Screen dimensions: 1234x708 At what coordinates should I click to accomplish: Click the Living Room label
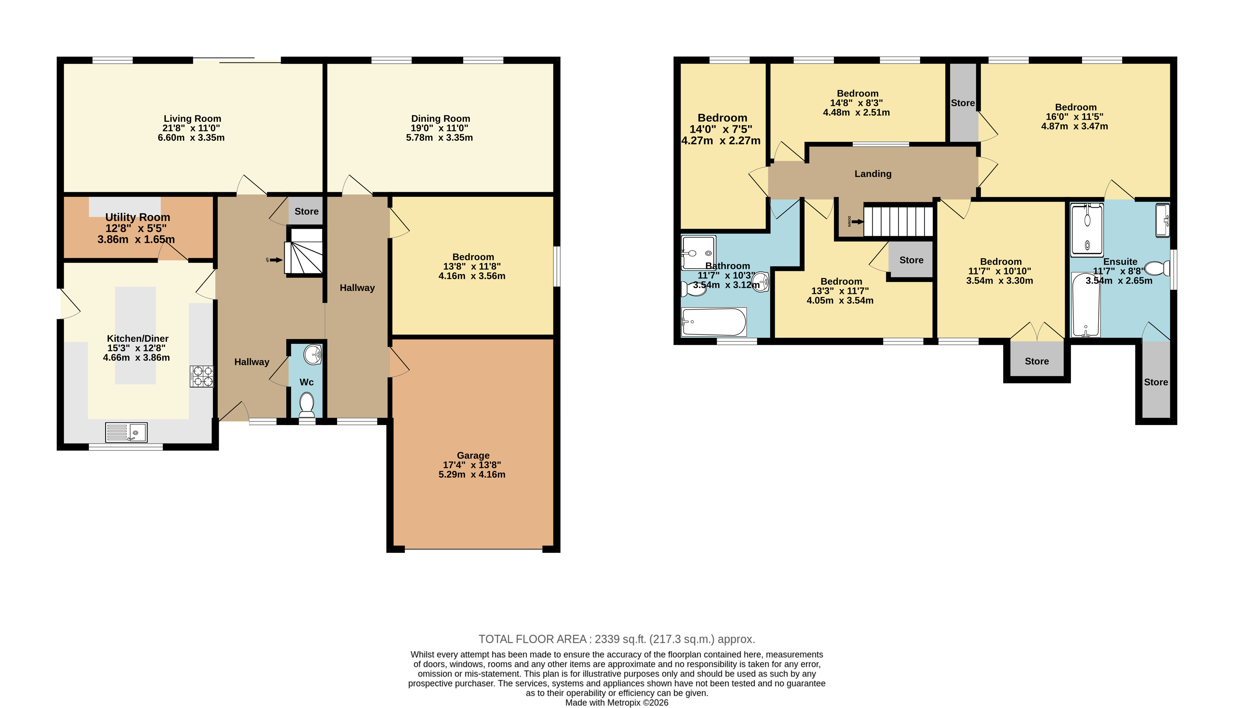click(x=192, y=119)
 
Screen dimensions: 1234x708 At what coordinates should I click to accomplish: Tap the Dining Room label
click(x=441, y=119)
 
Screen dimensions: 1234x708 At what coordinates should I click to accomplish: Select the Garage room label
click(x=473, y=456)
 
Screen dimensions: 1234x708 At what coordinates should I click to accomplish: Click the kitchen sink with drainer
click(x=126, y=432)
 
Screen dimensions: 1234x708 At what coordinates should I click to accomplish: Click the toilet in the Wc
click(x=306, y=405)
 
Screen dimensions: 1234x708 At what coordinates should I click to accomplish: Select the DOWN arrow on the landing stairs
click(x=857, y=222)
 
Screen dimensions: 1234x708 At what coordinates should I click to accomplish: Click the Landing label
click(x=873, y=173)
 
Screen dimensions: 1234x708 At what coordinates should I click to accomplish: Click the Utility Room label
click(x=138, y=217)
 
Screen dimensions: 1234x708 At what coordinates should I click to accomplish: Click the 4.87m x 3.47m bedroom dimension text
click(x=1075, y=126)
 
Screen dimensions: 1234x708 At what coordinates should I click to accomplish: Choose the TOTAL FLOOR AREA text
click(x=616, y=639)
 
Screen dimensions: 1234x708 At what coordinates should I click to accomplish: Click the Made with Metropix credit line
click(x=616, y=703)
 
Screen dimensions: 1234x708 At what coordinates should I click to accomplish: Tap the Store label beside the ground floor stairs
click(x=306, y=211)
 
